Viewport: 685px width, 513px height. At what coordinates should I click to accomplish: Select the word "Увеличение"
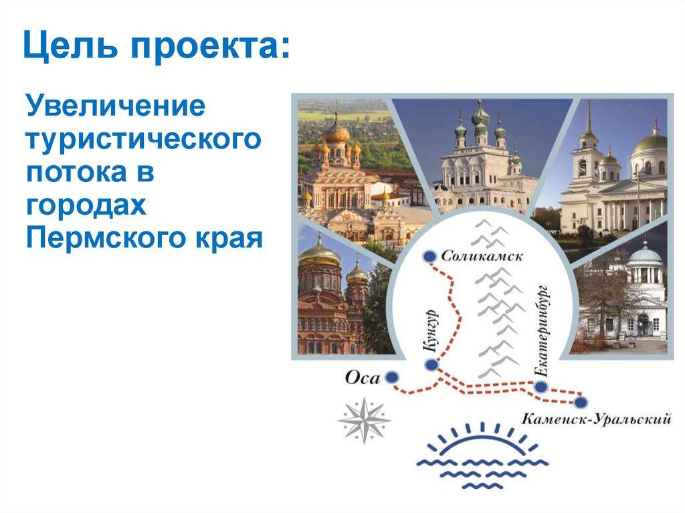click(x=114, y=107)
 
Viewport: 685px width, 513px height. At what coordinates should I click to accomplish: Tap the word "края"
click(x=227, y=238)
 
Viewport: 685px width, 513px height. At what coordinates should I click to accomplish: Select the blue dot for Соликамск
click(x=429, y=256)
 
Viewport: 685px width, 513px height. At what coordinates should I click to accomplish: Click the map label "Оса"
click(x=362, y=378)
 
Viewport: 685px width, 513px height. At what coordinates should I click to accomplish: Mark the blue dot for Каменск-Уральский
click(x=581, y=401)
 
